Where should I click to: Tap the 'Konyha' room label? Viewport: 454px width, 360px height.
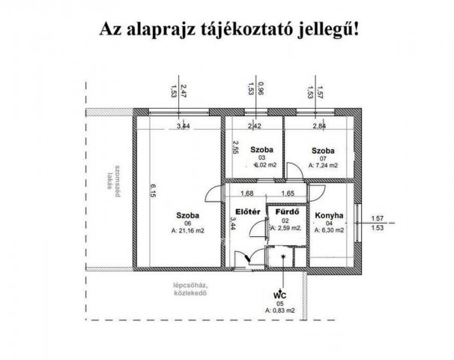tap(329, 215)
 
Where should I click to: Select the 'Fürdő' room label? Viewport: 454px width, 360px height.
tap(287, 211)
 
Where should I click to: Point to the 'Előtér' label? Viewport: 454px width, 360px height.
tap(248, 211)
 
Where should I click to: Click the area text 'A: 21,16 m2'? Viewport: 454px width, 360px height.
tap(177, 231)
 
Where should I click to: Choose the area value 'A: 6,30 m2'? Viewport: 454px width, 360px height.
tap(329, 230)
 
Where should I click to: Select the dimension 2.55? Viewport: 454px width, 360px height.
tap(234, 147)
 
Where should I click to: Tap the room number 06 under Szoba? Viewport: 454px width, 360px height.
tap(177, 223)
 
